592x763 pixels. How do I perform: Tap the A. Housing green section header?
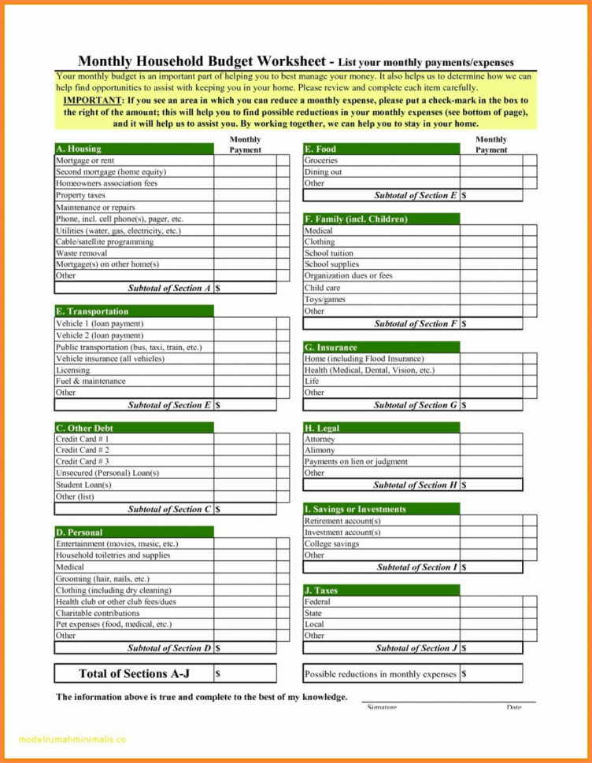pyautogui.click(x=134, y=149)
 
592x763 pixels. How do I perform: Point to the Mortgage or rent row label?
pyautogui.click(x=86, y=160)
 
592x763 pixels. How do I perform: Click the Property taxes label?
pyautogui.click(x=80, y=195)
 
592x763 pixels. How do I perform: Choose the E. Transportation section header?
pyautogui.click(x=134, y=311)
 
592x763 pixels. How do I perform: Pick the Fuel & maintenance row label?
pyautogui.click(x=91, y=381)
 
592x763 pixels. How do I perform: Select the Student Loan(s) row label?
pyautogui.click(x=83, y=485)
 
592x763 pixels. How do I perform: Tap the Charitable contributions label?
pyautogui.click(x=98, y=613)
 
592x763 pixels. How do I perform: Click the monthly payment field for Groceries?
pyautogui.click(x=490, y=160)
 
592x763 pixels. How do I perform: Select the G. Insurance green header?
pyautogui.click(x=381, y=347)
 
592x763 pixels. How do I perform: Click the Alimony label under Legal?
pyautogui.click(x=320, y=451)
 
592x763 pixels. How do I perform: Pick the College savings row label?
pyautogui.click(x=332, y=544)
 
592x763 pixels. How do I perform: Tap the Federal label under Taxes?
pyautogui.click(x=317, y=602)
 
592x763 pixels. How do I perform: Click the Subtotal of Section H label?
pyautogui.click(x=415, y=485)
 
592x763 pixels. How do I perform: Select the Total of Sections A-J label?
pyautogui.click(x=133, y=673)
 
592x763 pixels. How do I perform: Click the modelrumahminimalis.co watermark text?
pyautogui.click(x=71, y=739)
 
